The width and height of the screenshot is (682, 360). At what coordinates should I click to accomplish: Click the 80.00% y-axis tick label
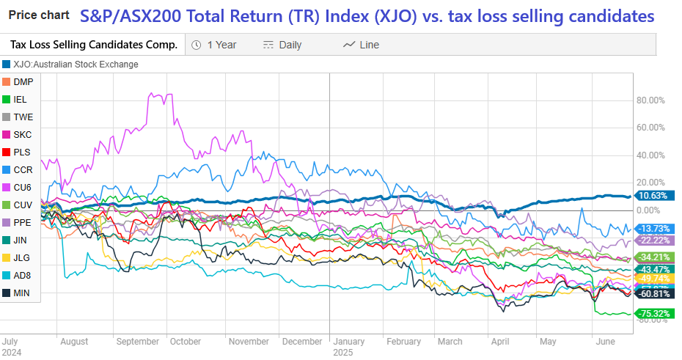point(651,100)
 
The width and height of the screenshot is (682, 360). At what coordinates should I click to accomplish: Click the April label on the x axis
point(499,342)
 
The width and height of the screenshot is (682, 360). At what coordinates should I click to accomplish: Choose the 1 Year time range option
point(214,45)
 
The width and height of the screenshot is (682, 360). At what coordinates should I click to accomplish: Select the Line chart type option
point(362,45)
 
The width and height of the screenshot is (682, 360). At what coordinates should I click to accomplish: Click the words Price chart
point(38,15)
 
